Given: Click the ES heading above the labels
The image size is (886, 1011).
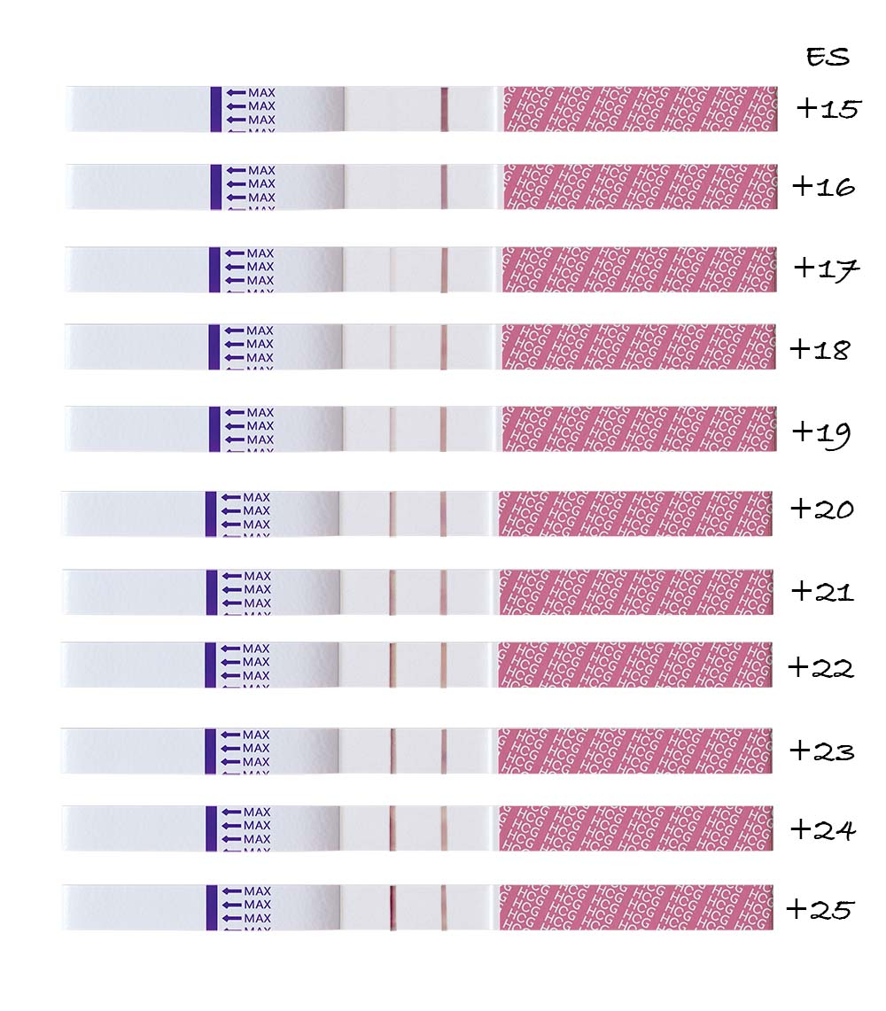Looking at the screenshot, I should (828, 58).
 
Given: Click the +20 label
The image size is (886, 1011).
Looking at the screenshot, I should (821, 509).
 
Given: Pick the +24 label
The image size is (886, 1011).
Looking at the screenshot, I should (821, 830).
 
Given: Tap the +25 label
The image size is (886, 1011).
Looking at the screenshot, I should (820, 909).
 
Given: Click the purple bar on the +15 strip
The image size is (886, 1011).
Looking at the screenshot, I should (216, 109).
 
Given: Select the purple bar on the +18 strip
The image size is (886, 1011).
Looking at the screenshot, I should (214, 346).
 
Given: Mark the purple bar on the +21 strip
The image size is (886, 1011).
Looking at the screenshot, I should (211, 592).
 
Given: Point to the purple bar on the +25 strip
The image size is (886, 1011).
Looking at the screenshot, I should (212, 907).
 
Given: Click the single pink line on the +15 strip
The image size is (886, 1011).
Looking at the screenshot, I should (445, 109).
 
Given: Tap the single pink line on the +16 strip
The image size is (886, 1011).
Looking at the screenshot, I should (445, 187).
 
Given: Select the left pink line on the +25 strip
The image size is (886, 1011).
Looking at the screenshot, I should (391, 907).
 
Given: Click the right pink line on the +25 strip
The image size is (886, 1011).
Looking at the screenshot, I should (443, 907).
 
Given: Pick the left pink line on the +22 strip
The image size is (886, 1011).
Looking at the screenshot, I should (391, 665).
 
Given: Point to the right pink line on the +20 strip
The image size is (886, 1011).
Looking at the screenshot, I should (443, 514).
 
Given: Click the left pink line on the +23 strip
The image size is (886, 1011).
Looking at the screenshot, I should (391, 750).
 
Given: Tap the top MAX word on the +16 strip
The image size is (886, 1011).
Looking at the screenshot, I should (261, 170).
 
